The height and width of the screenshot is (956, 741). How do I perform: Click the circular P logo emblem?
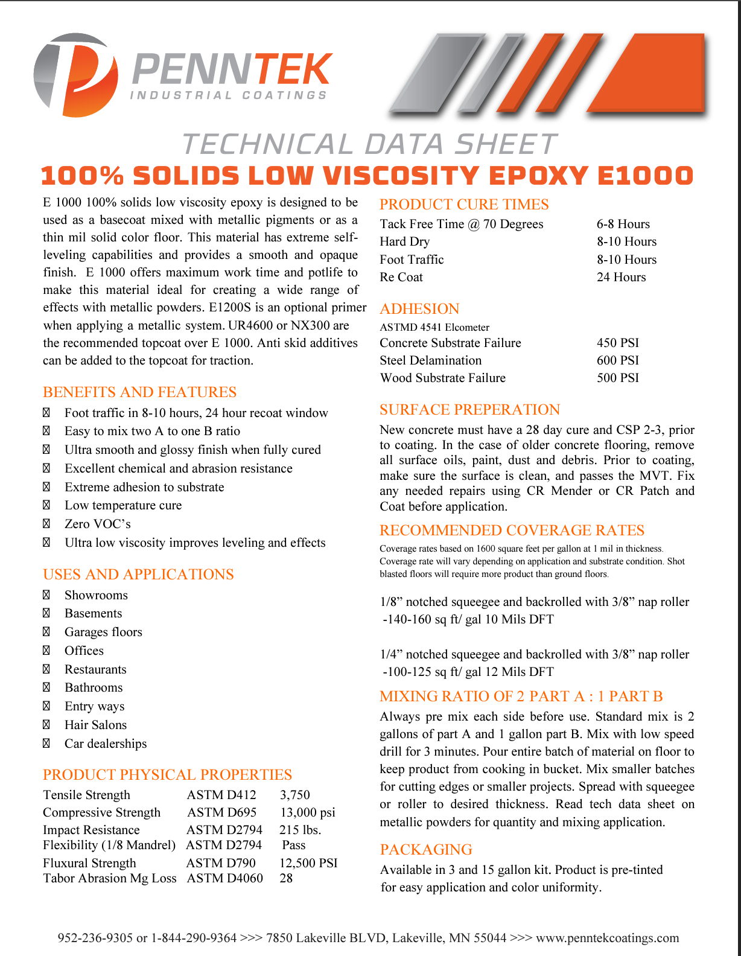76,75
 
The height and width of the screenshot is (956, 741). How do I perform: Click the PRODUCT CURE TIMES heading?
464,205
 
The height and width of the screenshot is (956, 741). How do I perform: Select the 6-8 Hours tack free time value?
623,224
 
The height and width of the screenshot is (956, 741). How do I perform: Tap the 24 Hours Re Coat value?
621,277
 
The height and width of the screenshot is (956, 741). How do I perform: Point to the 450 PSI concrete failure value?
617,343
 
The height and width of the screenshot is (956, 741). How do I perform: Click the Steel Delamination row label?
430,360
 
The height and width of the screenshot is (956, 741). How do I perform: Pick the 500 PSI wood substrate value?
617,378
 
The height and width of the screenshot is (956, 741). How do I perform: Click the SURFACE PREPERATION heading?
469,410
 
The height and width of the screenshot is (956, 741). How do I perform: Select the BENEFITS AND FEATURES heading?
139,392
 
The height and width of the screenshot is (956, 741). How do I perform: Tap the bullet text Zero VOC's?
98,524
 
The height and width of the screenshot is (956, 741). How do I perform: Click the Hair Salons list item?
95,725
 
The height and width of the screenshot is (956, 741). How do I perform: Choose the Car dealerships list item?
106,744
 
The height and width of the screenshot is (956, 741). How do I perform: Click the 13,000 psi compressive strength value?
307,812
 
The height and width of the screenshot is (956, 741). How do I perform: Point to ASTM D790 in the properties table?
221,863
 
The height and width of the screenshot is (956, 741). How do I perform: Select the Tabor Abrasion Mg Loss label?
109,878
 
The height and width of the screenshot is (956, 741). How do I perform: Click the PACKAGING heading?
426,850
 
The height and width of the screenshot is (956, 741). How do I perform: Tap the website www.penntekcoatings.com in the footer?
607,938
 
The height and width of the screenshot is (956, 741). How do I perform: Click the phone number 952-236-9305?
95,938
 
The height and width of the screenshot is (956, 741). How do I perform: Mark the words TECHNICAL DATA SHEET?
369,145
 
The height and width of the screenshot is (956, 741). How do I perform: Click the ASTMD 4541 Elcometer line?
434,327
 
